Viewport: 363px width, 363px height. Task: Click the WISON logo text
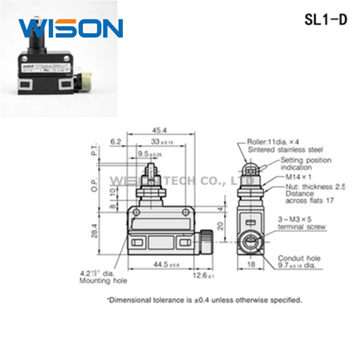(x=71, y=29)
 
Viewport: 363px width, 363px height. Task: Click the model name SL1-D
(x=325, y=20)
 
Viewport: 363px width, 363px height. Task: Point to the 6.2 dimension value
(x=116, y=142)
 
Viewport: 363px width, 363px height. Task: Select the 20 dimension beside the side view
(x=220, y=225)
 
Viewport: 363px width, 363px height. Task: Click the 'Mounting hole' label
(x=103, y=280)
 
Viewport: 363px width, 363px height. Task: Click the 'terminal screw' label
(x=302, y=226)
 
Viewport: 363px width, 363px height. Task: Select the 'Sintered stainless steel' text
(x=285, y=149)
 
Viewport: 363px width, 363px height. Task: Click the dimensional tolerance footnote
(x=204, y=300)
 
